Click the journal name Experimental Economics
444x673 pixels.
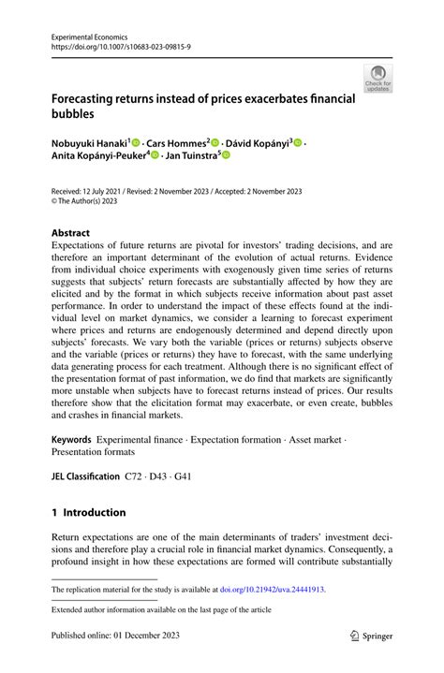click(94, 32)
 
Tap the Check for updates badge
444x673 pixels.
click(377, 78)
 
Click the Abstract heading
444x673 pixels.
click(71, 233)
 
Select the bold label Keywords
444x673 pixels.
click(71, 439)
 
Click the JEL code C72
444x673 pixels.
click(136, 475)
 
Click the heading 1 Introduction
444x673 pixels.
click(89, 513)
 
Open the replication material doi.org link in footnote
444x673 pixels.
click(272, 591)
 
